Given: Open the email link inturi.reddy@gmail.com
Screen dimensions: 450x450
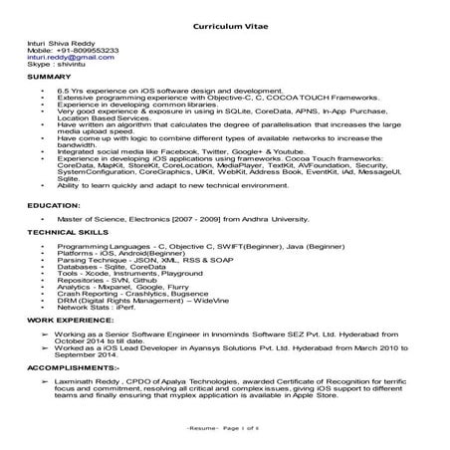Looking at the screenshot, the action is point(62,58).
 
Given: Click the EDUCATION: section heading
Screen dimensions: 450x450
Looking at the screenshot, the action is point(54,203).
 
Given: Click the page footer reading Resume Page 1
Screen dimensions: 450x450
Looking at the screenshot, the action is point(227,426).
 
